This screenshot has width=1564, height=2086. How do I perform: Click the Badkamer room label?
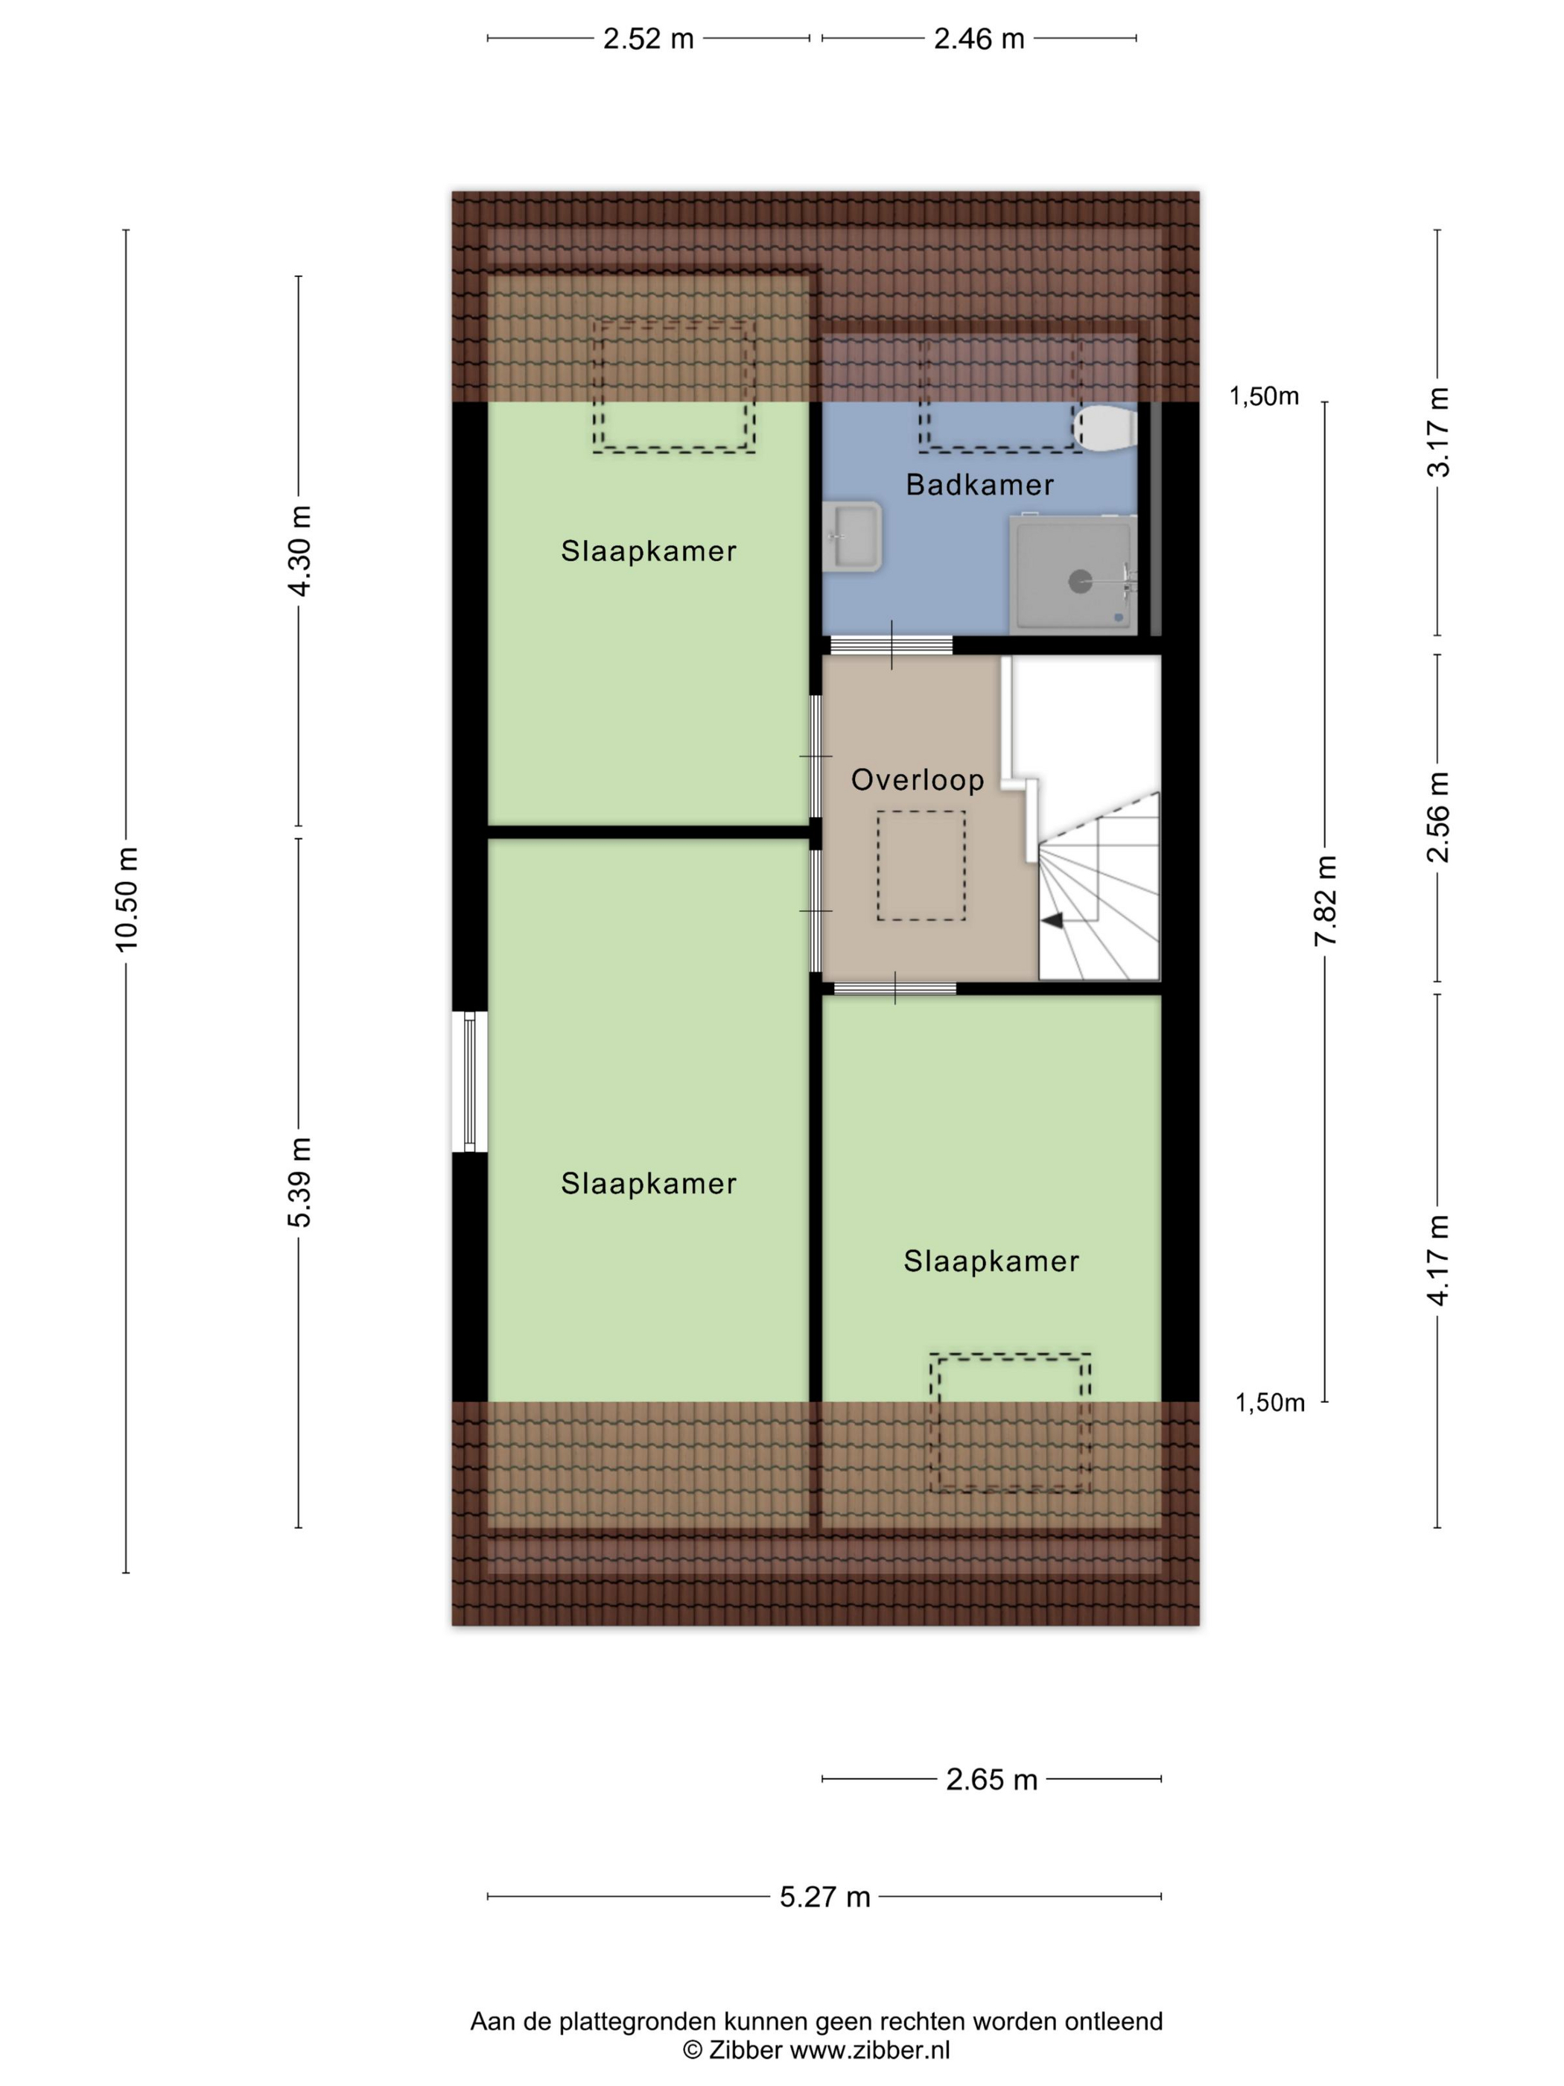tap(979, 485)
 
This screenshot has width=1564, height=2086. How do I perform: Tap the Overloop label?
tap(918, 780)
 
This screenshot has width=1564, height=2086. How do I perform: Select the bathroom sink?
tap(851, 536)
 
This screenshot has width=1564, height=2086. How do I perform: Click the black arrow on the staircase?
tap(1052, 920)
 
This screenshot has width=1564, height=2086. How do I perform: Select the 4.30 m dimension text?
tap(299, 551)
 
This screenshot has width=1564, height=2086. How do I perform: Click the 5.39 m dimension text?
tap(299, 1182)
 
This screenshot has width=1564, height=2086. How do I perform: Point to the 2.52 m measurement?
tap(649, 39)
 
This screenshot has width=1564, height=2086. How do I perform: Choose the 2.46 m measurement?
tap(979, 39)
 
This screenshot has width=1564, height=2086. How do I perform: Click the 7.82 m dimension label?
tap(1326, 901)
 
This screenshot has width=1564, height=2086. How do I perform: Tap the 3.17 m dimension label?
tap(1437, 432)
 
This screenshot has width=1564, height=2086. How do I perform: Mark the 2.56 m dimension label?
tap(1437, 817)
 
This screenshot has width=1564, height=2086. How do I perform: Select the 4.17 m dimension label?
tap(1437, 1260)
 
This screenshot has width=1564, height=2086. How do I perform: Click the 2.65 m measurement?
tap(991, 1780)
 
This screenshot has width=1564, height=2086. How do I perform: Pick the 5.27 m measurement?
tap(825, 1897)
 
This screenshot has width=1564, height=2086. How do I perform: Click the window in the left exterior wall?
tap(469, 1082)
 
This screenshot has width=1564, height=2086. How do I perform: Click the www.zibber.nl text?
tap(869, 2049)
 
